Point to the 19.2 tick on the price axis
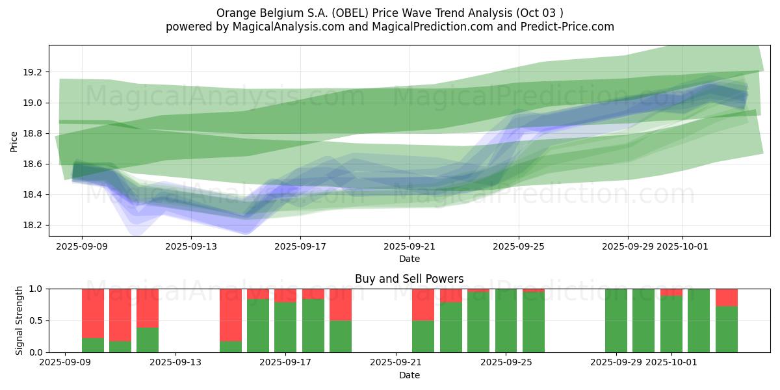pyautogui.click(x=33, y=72)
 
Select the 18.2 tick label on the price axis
pyautogui.click(x=33, y=226)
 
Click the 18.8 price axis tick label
pyautogui.click(x=33, y=133)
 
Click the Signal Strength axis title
pyautogui.click(x=19, y=320)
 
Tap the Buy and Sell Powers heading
pyautogui.click(x=409, y=279)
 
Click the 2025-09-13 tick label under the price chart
pyautogui.click(x=190, y=246)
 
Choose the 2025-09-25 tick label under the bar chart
pyautogui.click(x=506, y=363)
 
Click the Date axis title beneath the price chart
pyautogui.click(x=409, y=259)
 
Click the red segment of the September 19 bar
pyautogui.click(x=341, y=304)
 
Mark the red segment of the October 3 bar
pyautogui.click(x=726, y=297)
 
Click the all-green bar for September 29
pyautogui.click(x=616, y=320)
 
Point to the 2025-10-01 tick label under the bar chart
pyautogui.click(x=670, y=363)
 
